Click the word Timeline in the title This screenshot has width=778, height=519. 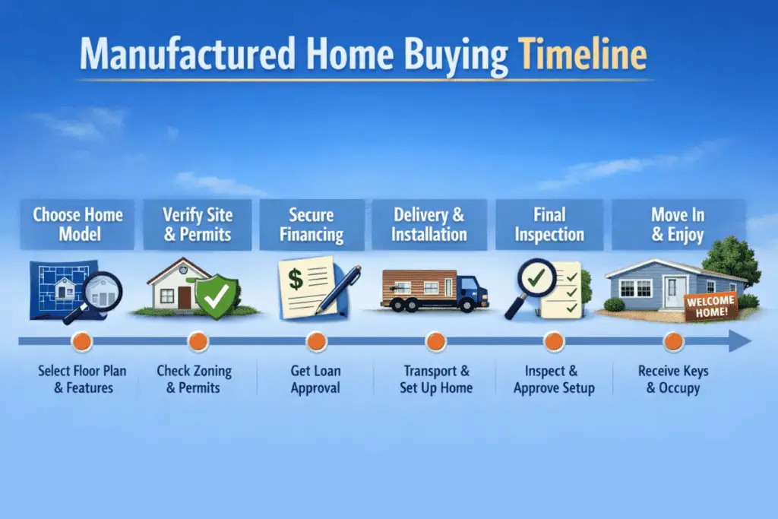(583, 55)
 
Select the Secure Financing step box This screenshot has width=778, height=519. (312, 224)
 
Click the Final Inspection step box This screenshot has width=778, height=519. (549, 224)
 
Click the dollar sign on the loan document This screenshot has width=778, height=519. (296, 279)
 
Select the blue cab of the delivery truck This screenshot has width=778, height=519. (471, 292)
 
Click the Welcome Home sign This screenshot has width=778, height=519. (710, 306)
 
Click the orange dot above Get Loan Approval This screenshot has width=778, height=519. (315, 341)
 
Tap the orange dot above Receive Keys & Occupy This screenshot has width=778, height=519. (673, 341)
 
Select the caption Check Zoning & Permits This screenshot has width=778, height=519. (194, 379)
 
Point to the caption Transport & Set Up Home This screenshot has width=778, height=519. (436, 379)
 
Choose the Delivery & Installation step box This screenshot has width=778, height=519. (429, 224)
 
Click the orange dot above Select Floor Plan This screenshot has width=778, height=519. (81, 341)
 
